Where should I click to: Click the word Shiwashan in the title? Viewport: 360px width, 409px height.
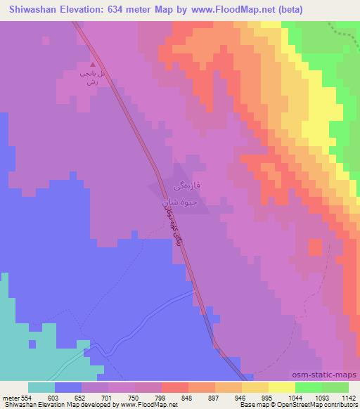pyautogui.click(x=30, y=10)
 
